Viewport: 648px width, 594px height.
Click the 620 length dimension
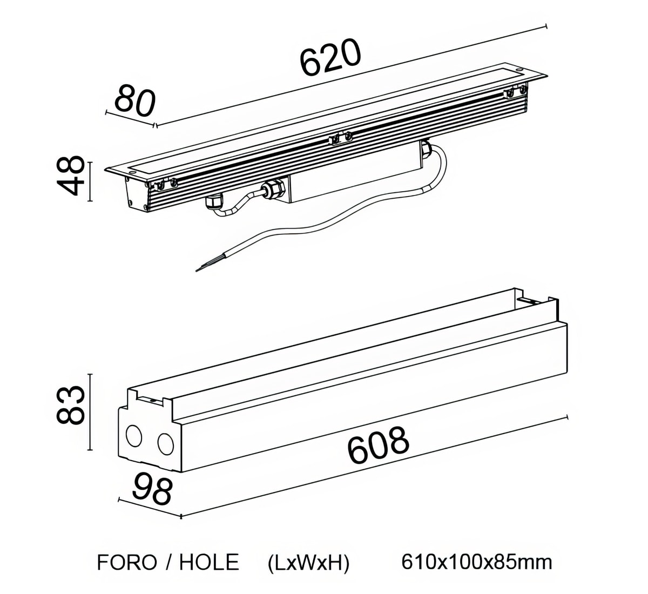(330, 57)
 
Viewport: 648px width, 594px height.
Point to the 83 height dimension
(71, 404)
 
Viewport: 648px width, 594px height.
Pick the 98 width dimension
(152, 488)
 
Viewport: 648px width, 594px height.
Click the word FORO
(127, 563)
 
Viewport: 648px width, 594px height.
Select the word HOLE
(209, 563)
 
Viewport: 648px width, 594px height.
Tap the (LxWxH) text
(309, 563)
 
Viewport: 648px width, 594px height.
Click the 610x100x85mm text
(477, 562)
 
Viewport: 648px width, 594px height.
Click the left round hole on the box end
(133, 435)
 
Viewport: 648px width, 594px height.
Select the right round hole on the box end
(165, 444)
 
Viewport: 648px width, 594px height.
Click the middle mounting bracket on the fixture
(340, 138)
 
